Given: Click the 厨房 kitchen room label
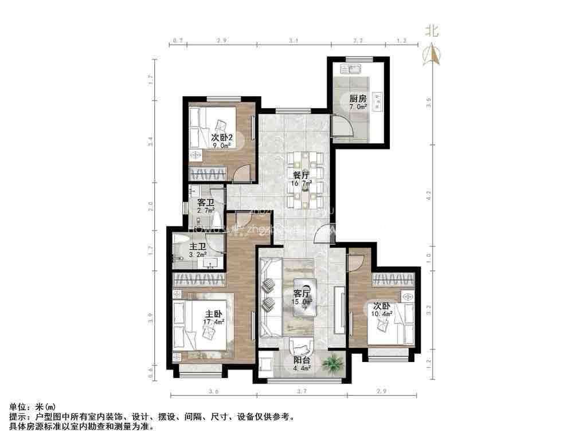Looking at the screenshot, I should (x=358, y=98).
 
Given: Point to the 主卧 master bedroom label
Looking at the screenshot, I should (x=214, y=314).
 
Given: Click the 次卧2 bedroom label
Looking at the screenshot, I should (x=221, y=137).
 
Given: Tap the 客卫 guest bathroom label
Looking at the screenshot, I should (x=205, y=203).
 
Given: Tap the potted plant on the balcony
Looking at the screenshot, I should (x=332, y=363).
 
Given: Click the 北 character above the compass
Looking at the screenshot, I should (x=431, y=32).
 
